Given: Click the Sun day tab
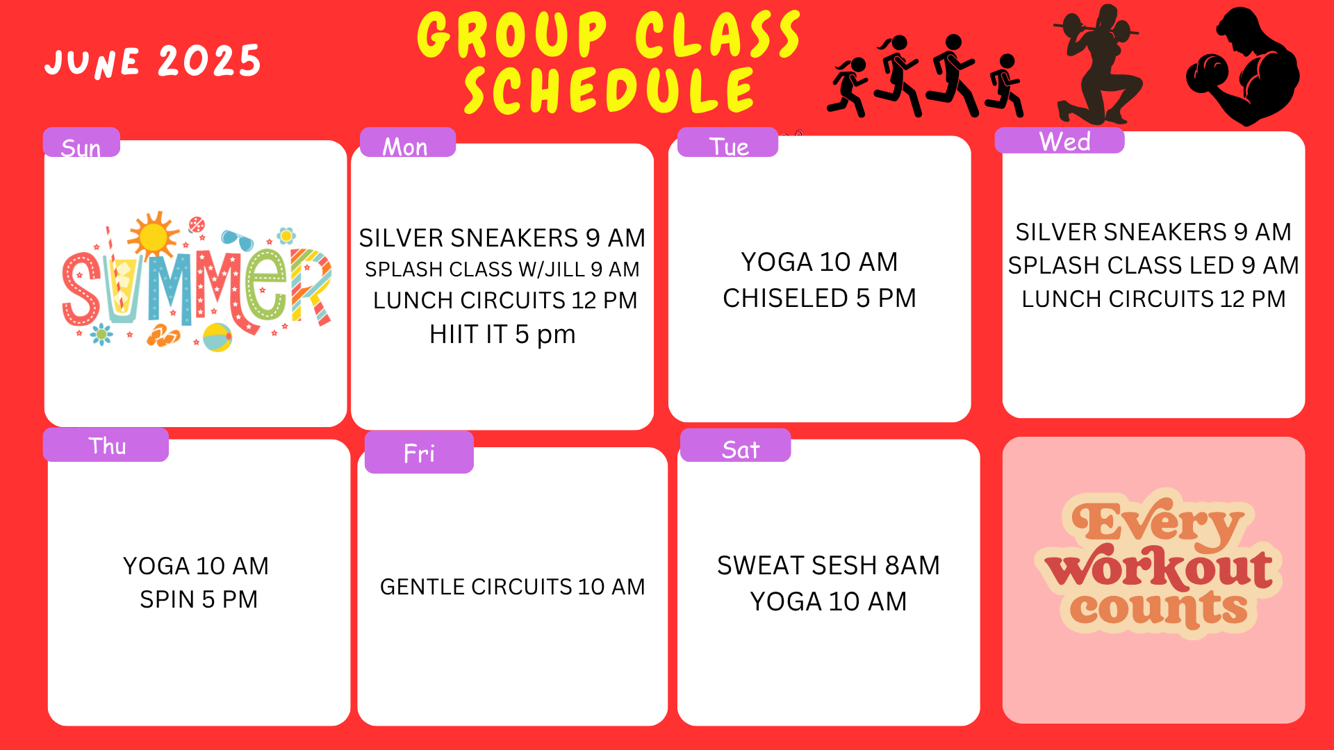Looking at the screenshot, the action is tap(81, 142).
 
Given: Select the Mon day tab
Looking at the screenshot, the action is tap(408, 142).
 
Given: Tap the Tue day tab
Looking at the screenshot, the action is tap(727, 142).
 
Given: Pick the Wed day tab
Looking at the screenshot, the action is tap(1060, 140).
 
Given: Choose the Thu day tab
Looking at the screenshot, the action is tap(106, 444).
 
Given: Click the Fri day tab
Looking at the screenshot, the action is tap(419, 452).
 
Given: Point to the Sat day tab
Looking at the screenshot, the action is tap(735, 445).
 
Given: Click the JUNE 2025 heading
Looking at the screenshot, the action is tap(153, 61).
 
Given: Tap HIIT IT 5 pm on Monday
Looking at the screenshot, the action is tap(502, 335).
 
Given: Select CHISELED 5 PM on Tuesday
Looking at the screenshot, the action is tap(819, 299).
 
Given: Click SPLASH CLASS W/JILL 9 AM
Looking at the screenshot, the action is tap(502, 269).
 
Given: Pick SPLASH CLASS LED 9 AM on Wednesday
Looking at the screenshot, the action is tap(1153, 265).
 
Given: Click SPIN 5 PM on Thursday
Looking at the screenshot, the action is tap(199, 599).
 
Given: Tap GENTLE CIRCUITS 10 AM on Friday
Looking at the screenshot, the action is tap(513, 587).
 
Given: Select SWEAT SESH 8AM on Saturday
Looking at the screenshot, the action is tap(828, 566).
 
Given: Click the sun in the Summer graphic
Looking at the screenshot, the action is tap(153, 235).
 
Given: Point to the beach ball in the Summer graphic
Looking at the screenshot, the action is tap(217, 337).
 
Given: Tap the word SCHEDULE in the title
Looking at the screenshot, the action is tap(609, 91).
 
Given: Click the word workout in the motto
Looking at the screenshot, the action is tap(1160, 567).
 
